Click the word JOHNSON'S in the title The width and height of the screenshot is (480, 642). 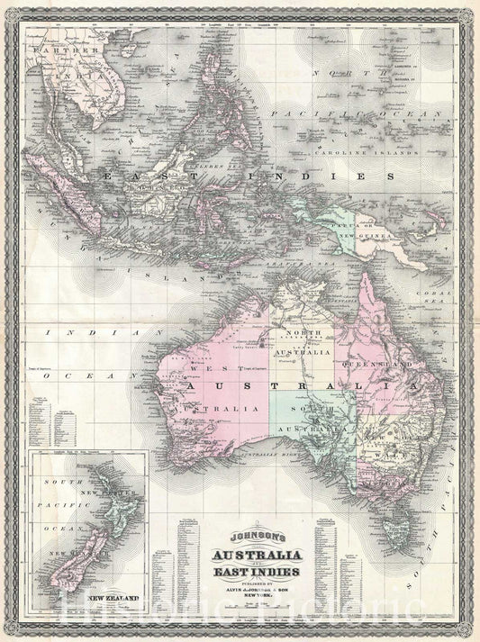click(x=240, y=530)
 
